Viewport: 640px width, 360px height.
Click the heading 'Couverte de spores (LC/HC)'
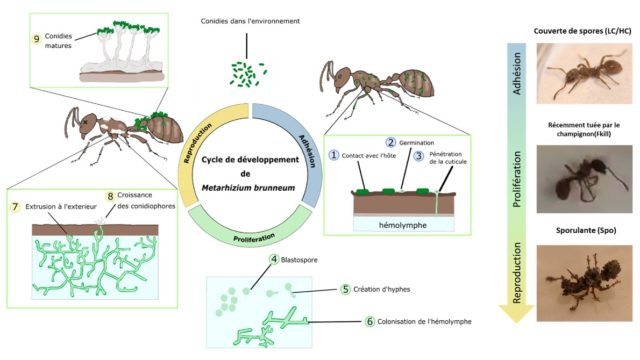[574, 31]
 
